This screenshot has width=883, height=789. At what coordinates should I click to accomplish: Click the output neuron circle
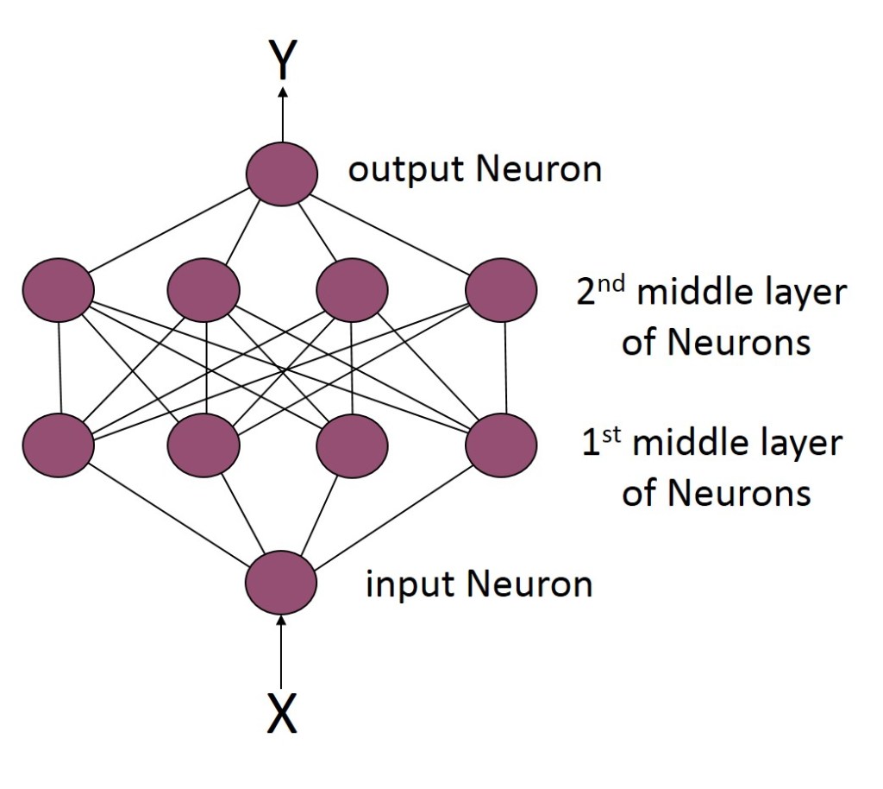pyautogui.click(x=282, y=173)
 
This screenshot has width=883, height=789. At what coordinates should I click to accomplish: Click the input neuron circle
pyautogui.click(x=281, y=583)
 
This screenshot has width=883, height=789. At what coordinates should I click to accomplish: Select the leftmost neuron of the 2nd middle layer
pyautogui.click(x=59, y=290)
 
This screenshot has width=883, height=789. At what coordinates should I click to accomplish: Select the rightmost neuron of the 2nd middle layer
pyautogui.click(x=501, y=290)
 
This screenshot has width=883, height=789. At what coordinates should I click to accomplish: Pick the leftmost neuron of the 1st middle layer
pyautogui.click(x=59, y=445)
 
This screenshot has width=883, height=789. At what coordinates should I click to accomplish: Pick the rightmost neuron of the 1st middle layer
pyautogui.click(x=501, y=445)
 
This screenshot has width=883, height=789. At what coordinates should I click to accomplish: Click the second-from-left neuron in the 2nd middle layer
pyautogui.click(x=204, y=290)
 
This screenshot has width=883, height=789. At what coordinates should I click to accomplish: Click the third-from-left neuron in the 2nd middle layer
pyautogui.click(x=352, y=290)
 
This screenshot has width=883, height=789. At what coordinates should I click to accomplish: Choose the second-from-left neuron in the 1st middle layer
pyautogui.click(x=204, y=445)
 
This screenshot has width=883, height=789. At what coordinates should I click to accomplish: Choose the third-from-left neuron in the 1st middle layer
pyautogui.click(x=352, y=445)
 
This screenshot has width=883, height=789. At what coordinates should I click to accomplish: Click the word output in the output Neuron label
pyautogui.click(x=404, y=170)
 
